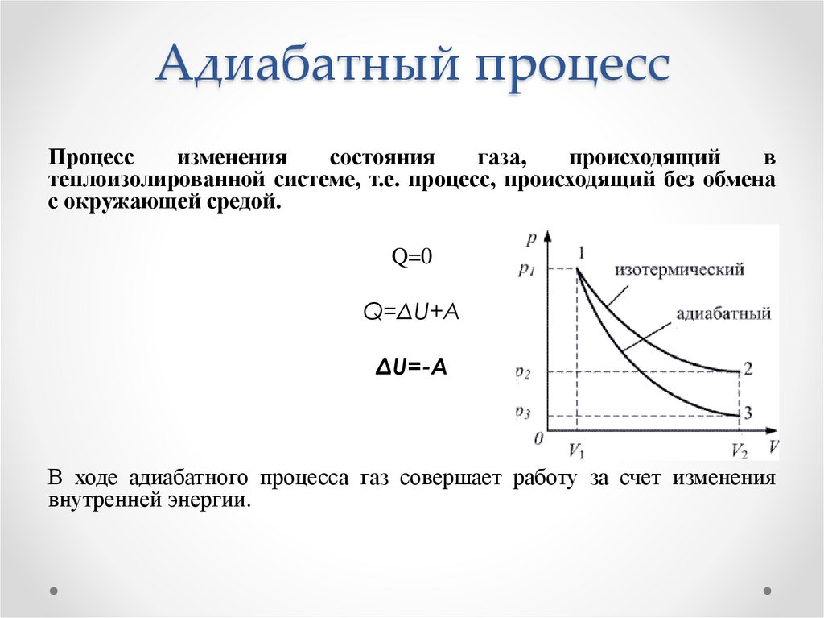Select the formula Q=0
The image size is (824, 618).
click(x=412, y=256)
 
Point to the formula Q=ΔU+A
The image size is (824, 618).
click(x=412, y=312)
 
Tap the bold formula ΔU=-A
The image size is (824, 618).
click(x=412, y=367)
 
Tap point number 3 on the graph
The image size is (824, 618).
click(x=748, y=413)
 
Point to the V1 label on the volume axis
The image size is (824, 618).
click(x=577, y=450)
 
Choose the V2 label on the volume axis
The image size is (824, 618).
click(x=739, y=450)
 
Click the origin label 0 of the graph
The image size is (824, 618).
click(x=538, y=438)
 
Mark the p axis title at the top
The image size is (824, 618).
click(x=529, y=239)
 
